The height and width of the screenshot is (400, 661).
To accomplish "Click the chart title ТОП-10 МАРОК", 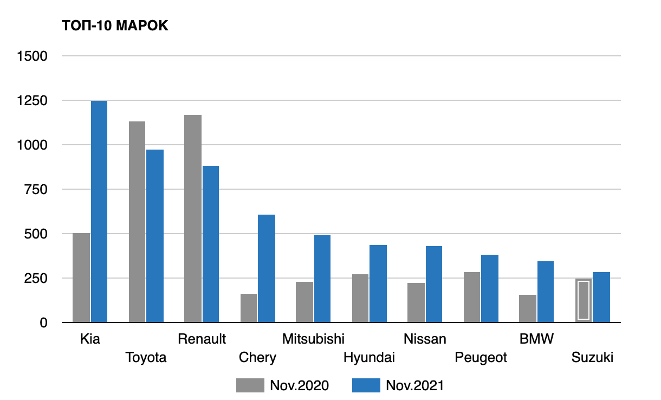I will point(115,26).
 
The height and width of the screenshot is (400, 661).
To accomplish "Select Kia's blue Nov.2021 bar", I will point(99,211).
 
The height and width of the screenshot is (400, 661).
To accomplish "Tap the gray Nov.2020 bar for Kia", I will point(81,278).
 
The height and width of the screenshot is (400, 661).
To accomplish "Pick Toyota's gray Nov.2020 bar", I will point(137,222).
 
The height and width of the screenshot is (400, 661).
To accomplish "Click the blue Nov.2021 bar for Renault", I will point(210,244).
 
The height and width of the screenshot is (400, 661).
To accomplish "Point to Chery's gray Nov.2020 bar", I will point(249,308).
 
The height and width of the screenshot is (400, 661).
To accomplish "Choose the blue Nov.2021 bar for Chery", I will point(267,268).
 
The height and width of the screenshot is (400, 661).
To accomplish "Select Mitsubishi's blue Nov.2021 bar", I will point(322,279).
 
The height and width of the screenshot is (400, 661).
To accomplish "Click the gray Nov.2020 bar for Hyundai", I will point(360,298).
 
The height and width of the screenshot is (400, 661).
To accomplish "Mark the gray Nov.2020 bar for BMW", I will point(528,308).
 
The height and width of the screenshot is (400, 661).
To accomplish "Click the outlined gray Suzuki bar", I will point(584,300).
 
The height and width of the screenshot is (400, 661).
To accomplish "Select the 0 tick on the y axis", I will point(44,323).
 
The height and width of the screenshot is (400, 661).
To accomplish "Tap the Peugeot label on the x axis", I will point(481,357).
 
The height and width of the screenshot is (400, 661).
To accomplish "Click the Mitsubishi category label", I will point(313,339).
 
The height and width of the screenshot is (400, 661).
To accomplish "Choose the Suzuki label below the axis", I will point(592,357).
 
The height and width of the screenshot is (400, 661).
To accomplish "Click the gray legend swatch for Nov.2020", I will point(250,385).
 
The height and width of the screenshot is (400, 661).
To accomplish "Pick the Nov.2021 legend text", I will point(414,385).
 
